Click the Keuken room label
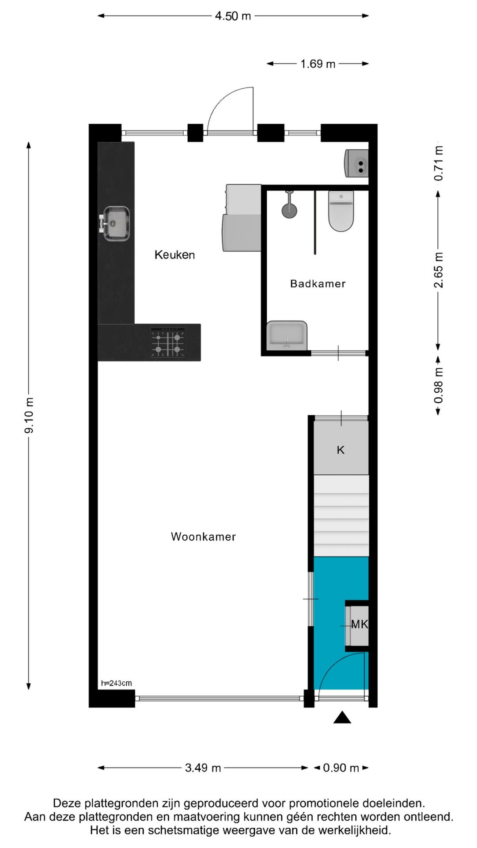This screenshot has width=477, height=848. [x=174, y=255]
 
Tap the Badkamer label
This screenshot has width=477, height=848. [x=318, y=284]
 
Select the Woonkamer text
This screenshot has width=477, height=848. [x=203, y=537]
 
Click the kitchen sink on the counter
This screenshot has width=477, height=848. [x=116, y=223]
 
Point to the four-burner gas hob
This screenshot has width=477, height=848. [x=168, y=343]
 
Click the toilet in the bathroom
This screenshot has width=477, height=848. [x=341, y=211]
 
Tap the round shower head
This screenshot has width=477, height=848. [x=289, y=209]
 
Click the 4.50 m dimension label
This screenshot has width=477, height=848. [x=233, y=16]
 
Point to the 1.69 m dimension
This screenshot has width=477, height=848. [x=318, y=64]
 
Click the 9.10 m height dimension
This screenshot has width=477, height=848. [x=30, y=415]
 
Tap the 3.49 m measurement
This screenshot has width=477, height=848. [x=203, y=768]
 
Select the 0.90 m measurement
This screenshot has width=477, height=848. [x=341, y=768]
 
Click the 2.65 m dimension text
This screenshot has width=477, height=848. [x=438, y=270]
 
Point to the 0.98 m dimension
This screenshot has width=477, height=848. [x=438, y=386]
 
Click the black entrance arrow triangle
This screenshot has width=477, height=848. [x=342, y=718]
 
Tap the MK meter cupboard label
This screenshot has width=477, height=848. [x=359, y=624]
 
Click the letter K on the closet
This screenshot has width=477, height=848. [x=341, y=450]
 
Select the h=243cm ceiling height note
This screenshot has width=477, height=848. [x=117, y=683]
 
